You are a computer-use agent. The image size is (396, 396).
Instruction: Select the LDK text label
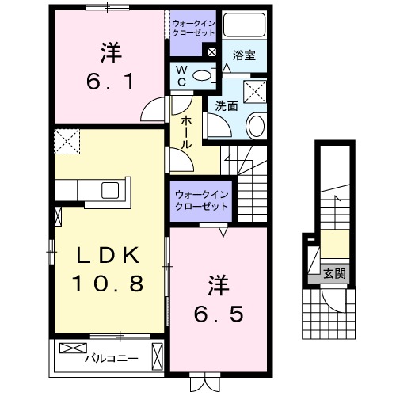pos(109,255)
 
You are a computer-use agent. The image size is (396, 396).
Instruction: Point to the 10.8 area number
pos(109,283)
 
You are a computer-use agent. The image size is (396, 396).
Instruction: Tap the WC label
pos(181,77)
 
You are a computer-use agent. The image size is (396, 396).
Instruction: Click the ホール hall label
pos(185,131)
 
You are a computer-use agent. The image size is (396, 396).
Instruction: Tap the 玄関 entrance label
pos(333,274)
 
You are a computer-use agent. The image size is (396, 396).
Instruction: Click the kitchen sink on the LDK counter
pos(110,190)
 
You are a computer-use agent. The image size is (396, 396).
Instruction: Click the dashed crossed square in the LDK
pos(67,143)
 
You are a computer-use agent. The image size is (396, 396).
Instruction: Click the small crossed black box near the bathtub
pos(211,52)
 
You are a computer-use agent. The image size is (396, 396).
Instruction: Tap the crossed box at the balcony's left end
pos(70,348)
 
